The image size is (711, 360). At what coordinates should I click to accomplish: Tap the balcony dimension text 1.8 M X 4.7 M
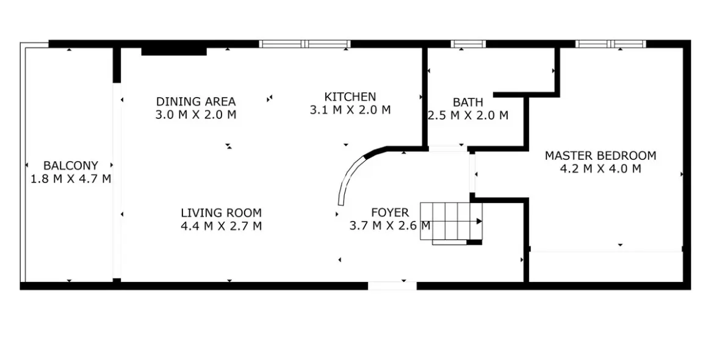coord(70,179)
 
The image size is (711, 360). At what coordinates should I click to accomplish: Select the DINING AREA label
coord(195,101)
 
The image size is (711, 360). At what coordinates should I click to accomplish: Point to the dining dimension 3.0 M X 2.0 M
coord(195,114)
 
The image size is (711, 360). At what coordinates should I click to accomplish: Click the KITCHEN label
coord(350,96)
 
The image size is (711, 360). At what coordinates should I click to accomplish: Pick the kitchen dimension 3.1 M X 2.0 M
coord(350,110)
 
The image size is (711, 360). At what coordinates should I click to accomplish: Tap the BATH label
coord(467,102)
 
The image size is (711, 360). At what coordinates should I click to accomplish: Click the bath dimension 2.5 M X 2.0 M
coord(467,115)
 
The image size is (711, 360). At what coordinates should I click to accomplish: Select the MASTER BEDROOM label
coord(600,156)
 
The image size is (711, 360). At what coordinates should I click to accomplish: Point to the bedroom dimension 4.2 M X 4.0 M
coord(600,169)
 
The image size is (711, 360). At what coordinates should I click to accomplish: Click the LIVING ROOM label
coord(221,213)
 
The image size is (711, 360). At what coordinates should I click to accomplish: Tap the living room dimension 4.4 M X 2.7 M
coord(221,226)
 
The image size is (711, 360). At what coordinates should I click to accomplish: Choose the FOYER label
coord(389,212)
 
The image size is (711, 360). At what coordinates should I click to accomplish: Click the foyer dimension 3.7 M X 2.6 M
coord(389,226)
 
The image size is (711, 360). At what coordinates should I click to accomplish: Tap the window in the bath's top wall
coord(468,44)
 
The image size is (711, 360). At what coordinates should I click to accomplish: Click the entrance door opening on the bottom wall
coord(392,285)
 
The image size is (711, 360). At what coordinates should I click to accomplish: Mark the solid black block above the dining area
coord(173,51)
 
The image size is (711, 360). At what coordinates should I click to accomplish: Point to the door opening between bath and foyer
coord(447,148)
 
